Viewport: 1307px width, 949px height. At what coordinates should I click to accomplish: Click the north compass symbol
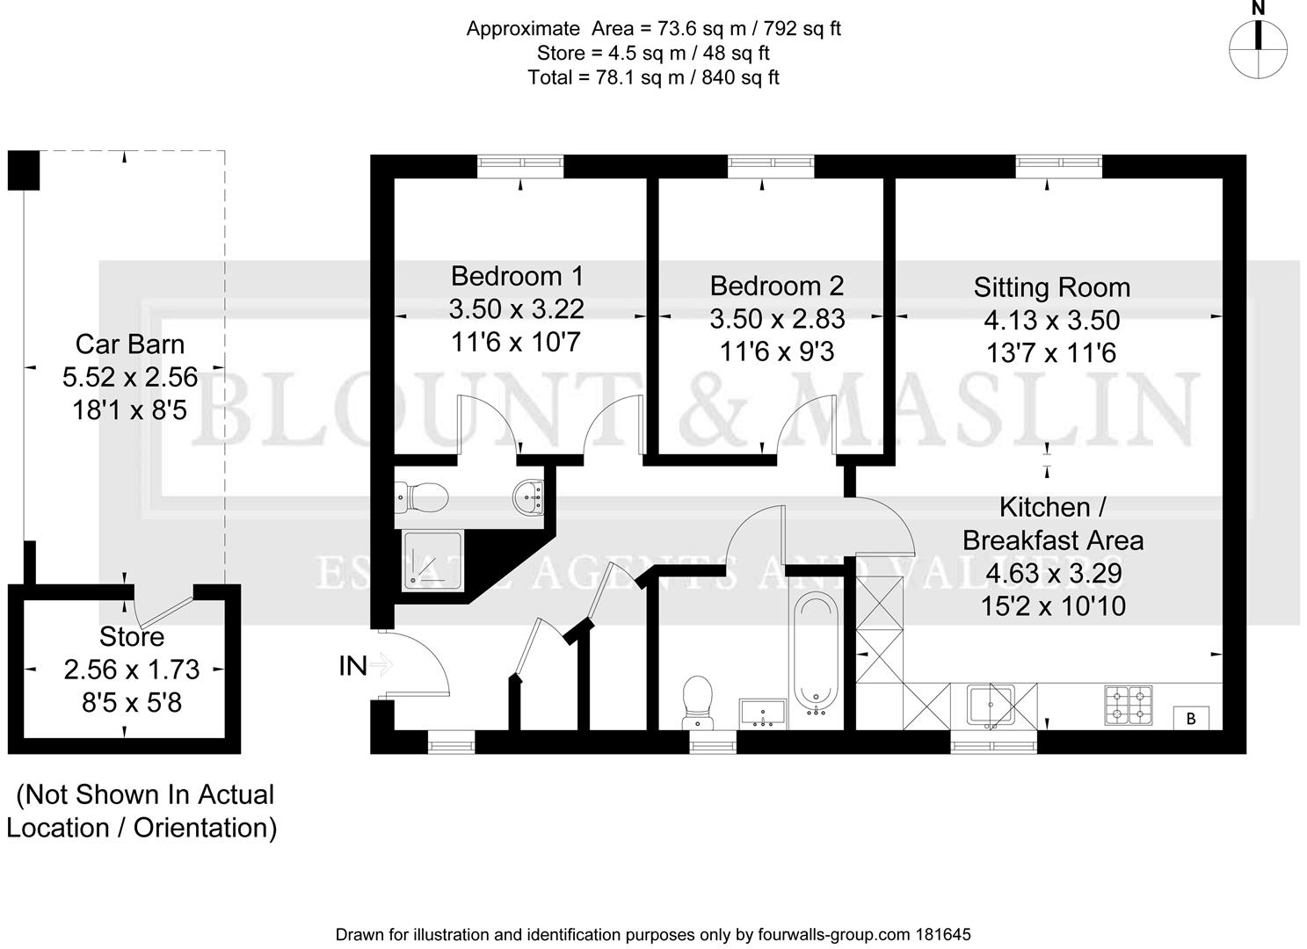click(1259, 48)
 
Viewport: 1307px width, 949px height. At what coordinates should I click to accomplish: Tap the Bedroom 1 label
click(516, 276)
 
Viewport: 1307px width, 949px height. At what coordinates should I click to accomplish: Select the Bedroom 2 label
click(776, 286)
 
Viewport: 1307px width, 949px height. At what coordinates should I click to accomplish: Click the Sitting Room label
click(1051, 287)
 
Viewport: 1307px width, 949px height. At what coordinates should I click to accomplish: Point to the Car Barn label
click(129, 344)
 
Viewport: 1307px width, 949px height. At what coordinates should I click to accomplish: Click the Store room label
click(132, 636)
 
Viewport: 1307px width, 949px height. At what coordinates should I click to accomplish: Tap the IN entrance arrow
click(379, 666)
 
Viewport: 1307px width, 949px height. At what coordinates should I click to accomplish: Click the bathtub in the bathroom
click(817, 656)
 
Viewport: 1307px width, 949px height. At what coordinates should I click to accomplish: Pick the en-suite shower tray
click(432, 560)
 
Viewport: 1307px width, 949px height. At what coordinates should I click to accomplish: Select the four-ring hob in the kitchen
click(1129, 705)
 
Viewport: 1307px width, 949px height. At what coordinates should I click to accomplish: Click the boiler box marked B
click(1192, 718)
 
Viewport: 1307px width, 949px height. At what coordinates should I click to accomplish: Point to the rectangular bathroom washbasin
click(763, 713)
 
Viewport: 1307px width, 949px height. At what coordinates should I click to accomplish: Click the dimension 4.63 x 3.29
click(1053, 573)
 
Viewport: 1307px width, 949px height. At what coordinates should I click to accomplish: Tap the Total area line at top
click(653, 77)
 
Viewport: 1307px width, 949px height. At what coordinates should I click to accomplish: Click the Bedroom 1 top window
click(520, 163)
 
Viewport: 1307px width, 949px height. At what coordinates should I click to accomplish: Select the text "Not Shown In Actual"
click(145, 794)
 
